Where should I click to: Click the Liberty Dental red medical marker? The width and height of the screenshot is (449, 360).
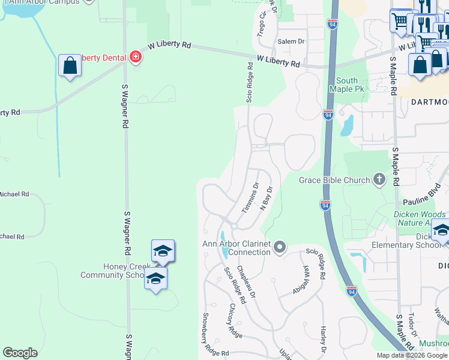(136, 58)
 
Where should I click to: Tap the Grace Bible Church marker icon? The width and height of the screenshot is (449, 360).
(379, 179)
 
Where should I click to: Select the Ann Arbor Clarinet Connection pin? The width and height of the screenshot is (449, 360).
(279, 247)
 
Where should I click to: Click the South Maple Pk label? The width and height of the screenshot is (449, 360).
(347, 85)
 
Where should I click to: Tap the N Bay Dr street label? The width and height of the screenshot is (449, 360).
(267, 197)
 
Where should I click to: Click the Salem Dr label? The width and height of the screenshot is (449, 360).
(291, 41)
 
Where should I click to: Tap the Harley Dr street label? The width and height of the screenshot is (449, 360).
(323, 340)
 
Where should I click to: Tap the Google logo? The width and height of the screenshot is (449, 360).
(20, 353)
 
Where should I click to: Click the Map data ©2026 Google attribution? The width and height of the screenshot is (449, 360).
(412, 355)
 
